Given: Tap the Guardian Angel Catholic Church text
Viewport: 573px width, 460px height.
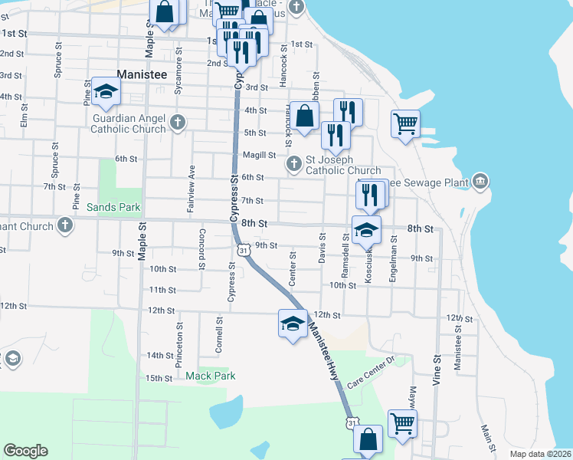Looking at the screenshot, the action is pyautogui.click(x=129, y=123).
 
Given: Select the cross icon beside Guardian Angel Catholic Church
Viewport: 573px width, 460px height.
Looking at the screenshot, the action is pyautogui.click(x=178, y=121).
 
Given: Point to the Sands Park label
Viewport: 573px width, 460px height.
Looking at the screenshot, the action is pyautogui.click(x=113, y=207).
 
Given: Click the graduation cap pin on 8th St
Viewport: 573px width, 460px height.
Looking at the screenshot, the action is pyautogui.click(x=366, y=230).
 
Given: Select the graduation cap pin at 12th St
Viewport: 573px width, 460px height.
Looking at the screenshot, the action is pyautogui.click(x=292, y=325).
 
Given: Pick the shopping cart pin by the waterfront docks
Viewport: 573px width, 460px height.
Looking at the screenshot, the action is pyautogui.click(x=405, y=123).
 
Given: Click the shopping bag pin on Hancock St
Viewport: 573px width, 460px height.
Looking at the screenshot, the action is pyautogui.click(x=305, y=117).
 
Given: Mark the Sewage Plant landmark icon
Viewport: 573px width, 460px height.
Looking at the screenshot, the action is pyautogui.click(x=480, y=181).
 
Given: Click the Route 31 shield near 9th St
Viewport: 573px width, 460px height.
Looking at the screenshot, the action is pyautogui.click(x=242, y=250).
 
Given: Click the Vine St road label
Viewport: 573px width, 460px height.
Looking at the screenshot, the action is pyautogui.click(x=437, y=370).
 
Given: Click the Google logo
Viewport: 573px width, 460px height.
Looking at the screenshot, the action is pyautogui.click(x=25, y=451).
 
